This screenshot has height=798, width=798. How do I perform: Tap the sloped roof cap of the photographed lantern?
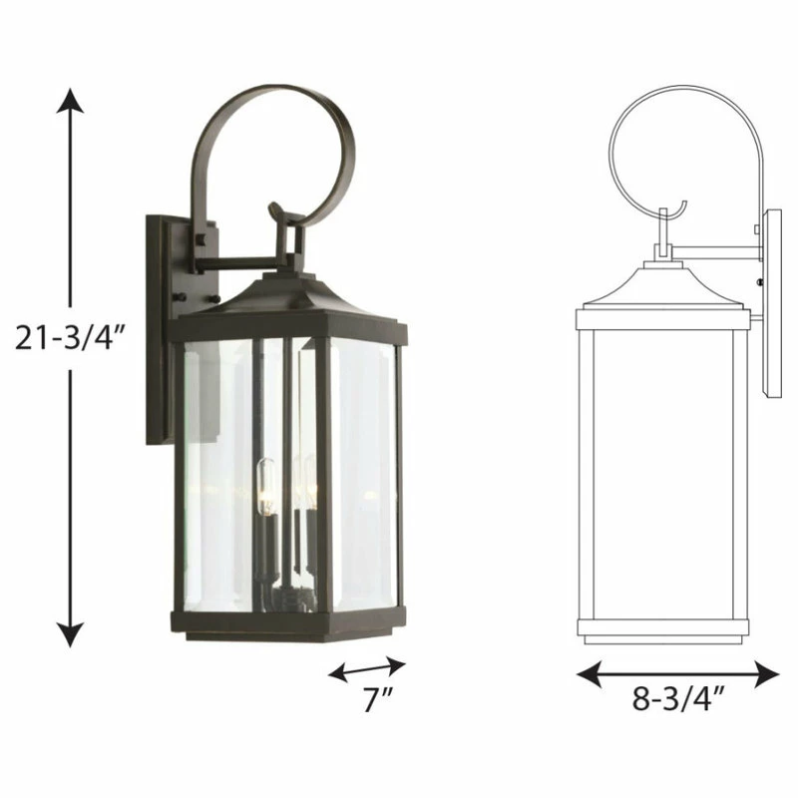click(289, 299)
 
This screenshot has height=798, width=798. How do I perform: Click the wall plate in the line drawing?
click(772, 299)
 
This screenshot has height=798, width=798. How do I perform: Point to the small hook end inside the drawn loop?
click(678, 210)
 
